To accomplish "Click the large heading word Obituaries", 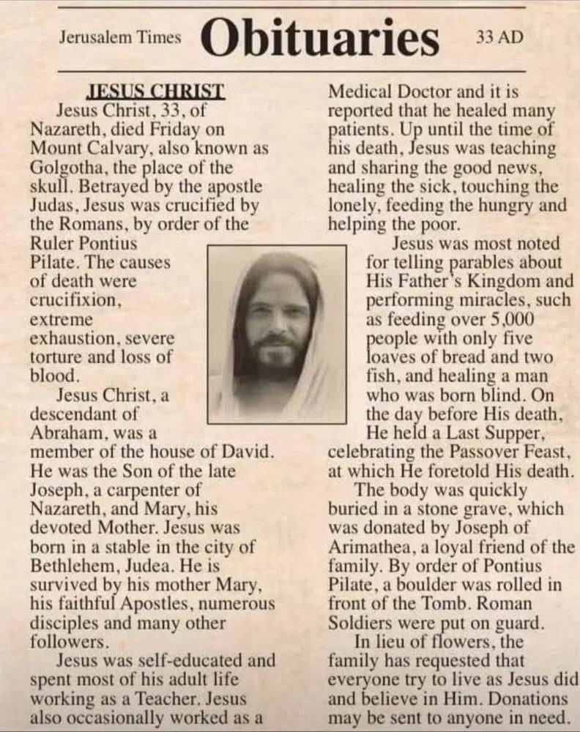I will coord(321,37).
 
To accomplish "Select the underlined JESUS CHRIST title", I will coord(155,93).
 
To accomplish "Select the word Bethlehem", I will coord(68,567).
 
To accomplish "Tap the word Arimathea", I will coord(369,547).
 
